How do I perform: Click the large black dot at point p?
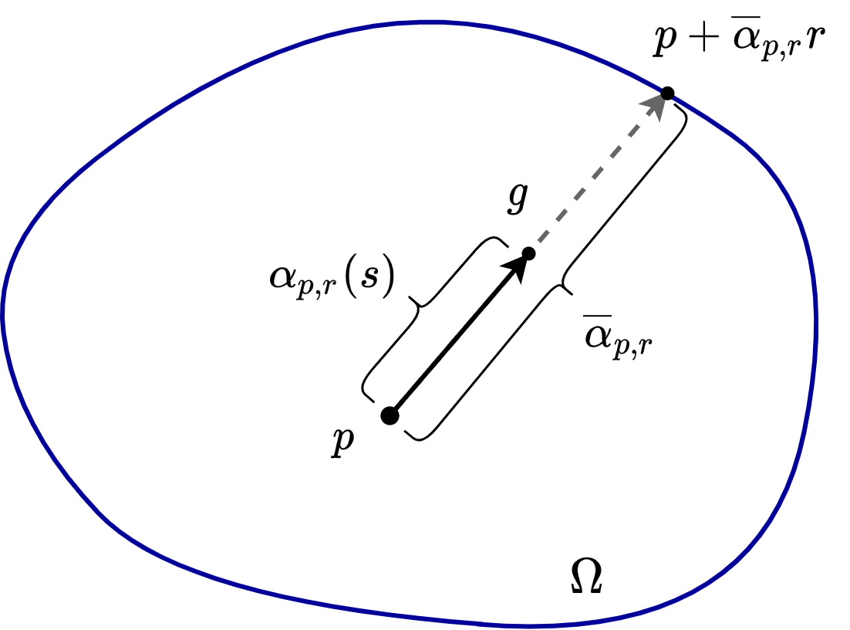390,415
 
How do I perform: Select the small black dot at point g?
528,254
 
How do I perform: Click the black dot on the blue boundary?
667,93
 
